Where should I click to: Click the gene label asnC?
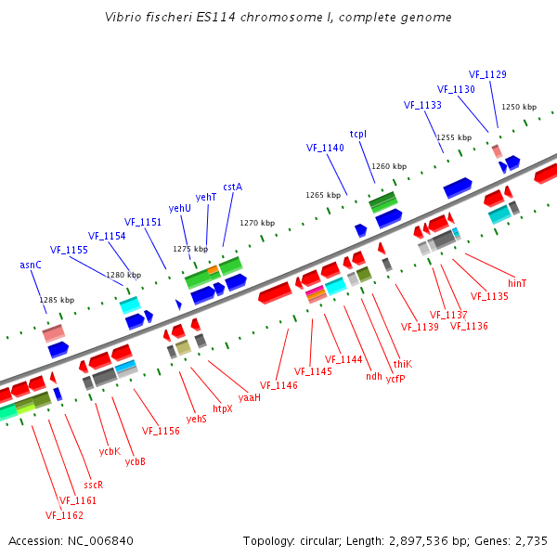coord(31,265)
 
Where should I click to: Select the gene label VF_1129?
coord(487,74)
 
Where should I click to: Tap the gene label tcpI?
coord(358,134)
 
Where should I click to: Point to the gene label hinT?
coord(517,282)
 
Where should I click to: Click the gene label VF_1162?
coord(64,514)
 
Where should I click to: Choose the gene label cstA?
coord(232,187)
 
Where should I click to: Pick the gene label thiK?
coord(403,364)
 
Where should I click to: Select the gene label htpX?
coord(223,408)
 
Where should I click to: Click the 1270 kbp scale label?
coord(257,223)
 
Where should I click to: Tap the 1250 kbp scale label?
coord(518,107)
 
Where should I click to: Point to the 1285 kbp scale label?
coord(56,300)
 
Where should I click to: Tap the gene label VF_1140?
coord(325,148)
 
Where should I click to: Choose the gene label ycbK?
coord(110,451)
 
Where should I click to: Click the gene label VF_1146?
coord(278,385)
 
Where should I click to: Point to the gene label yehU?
coord(179,208)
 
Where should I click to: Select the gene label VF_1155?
coord(69,250)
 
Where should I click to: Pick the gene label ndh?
coord(374,376)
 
